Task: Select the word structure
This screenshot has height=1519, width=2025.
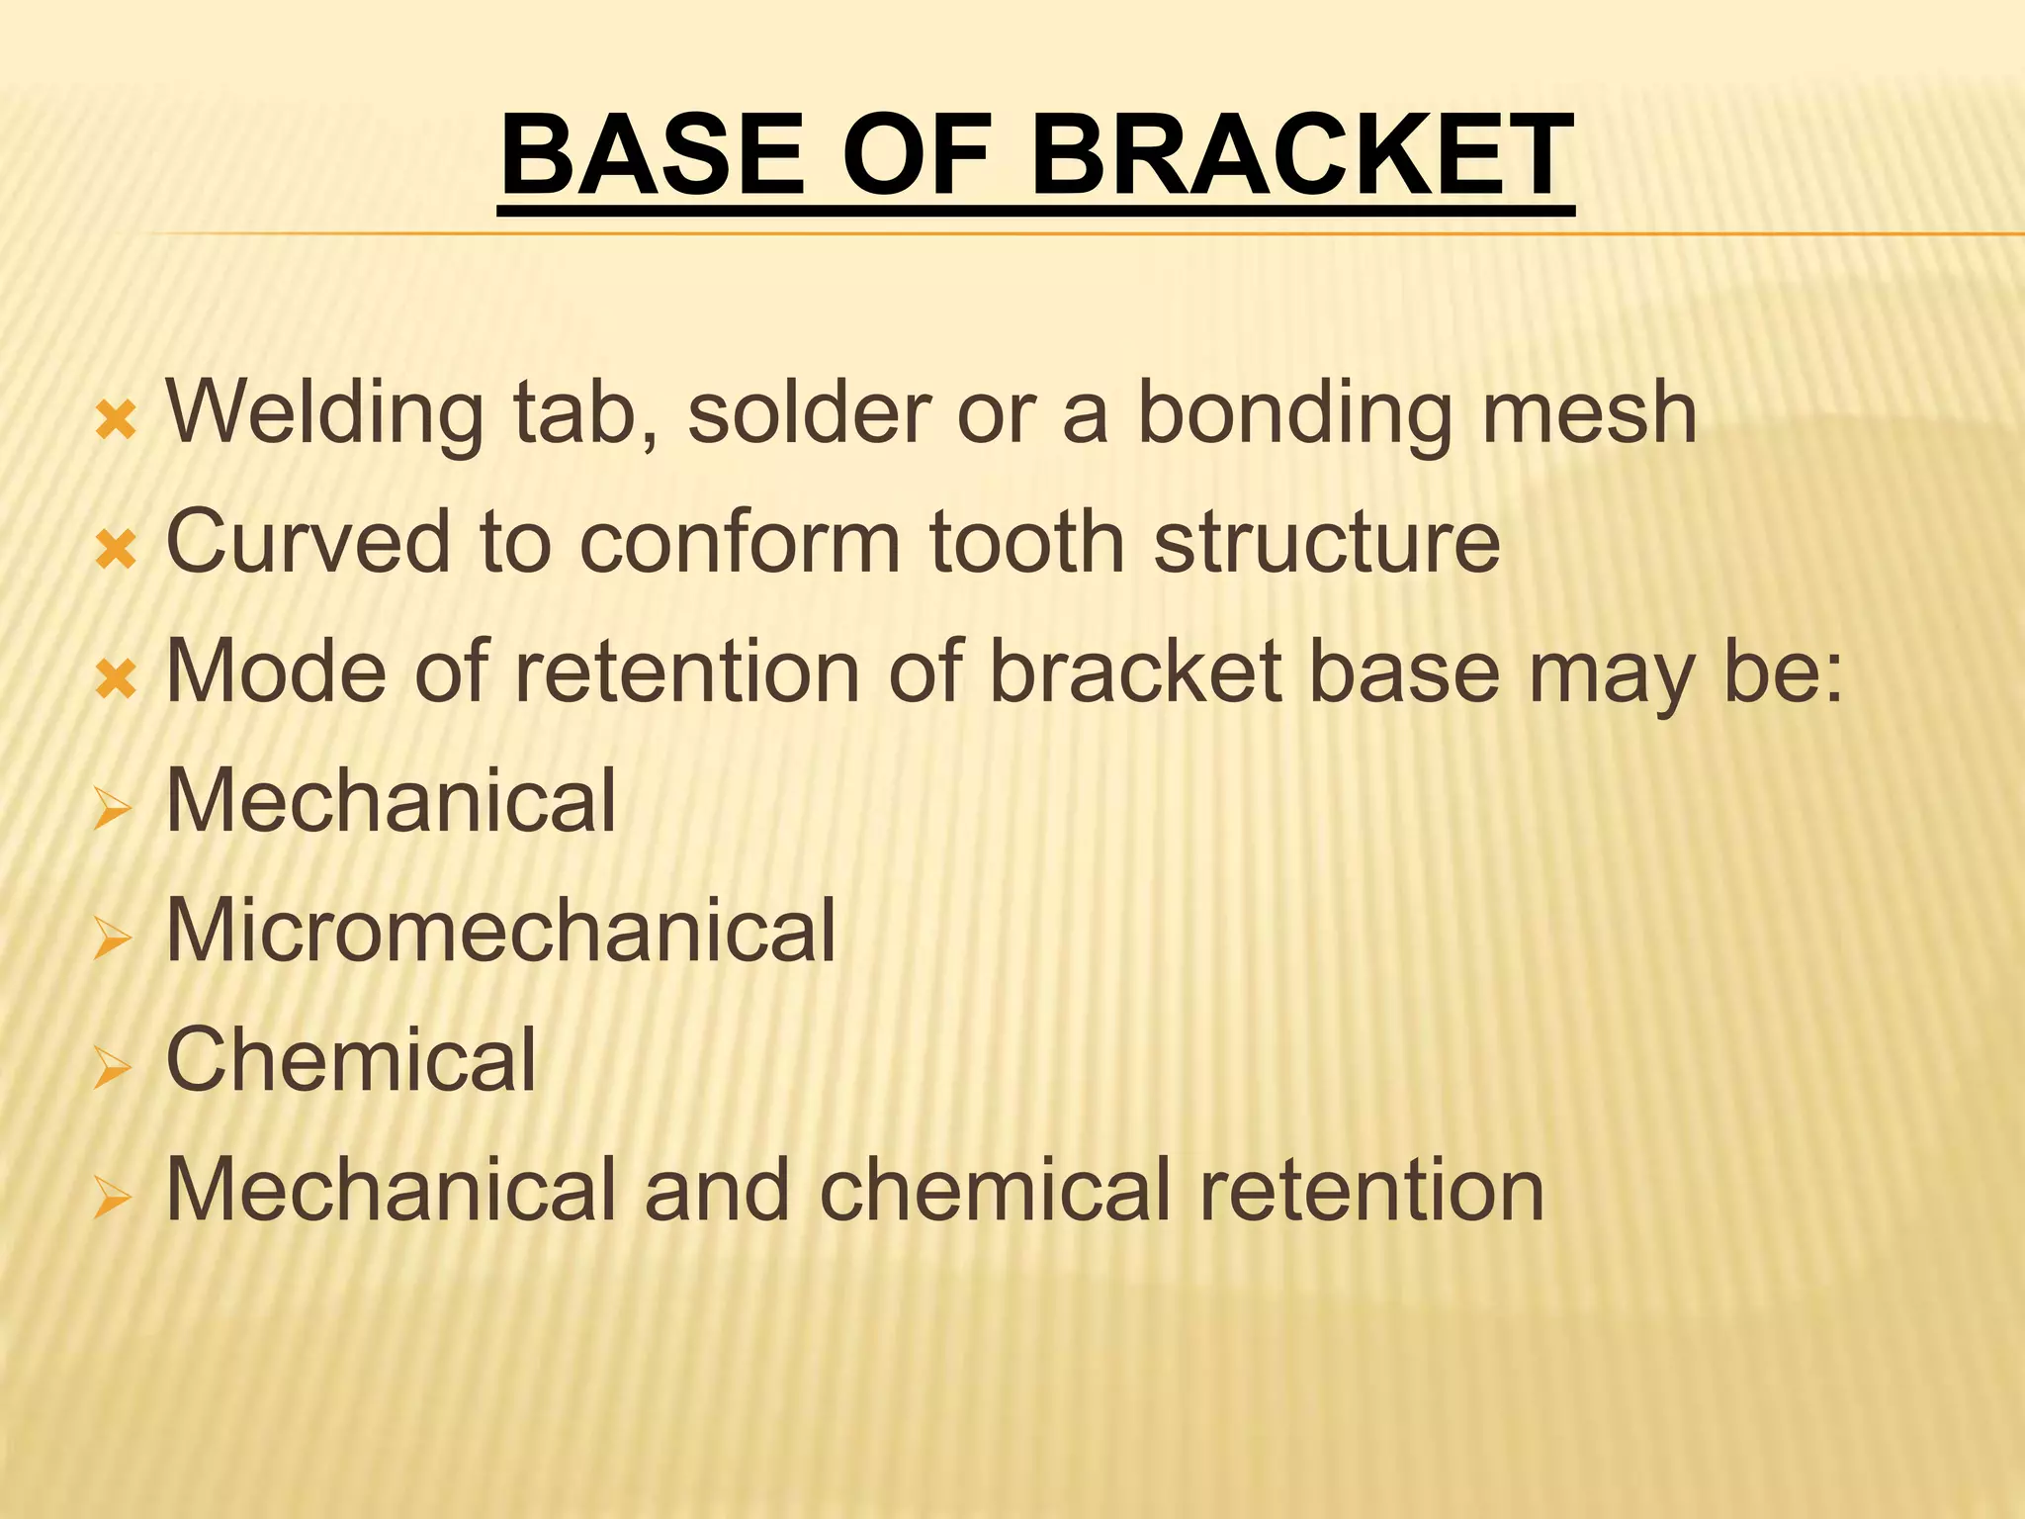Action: (x=1327, y=543)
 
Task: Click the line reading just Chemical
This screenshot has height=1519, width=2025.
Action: (x=351, y=1059)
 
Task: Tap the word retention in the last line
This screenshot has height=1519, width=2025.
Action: (x=1371, y=1190)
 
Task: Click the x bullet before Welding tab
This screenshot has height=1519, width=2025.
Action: (x=116, y=421)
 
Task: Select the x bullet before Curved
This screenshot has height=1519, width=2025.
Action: (x=116, y=550)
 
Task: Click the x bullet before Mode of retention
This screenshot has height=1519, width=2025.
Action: (x=116, y=680)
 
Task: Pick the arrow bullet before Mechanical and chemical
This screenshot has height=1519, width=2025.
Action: (x=113, y=1198)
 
